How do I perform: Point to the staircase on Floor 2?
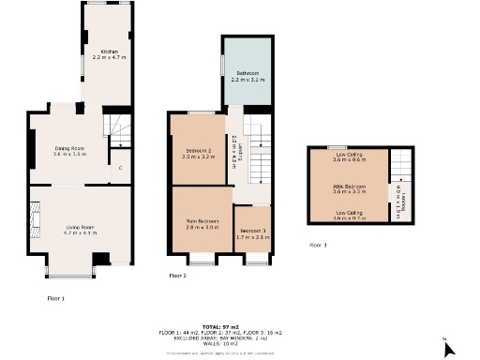[x=261, y=150]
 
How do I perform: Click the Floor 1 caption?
[x=55, y=298]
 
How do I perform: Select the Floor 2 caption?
[x=177, y=276]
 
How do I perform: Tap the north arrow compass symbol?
[x=448, y=348]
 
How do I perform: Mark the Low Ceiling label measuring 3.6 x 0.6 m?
[x=348, y=157]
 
